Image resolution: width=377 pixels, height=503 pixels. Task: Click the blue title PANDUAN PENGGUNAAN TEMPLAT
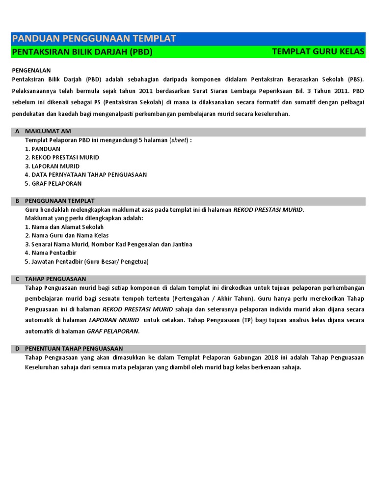pyautogui.click(x=94, y=39)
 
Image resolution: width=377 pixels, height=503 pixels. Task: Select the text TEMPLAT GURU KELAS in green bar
pyautogui.click(x=318, y=52)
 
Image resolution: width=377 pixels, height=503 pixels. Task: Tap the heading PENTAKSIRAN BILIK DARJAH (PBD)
pyautogui.click(x=82, y=52)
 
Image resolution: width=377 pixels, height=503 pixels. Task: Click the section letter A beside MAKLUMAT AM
pyautogui.click(x=17, y=132)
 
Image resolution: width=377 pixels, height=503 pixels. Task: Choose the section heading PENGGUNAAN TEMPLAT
pyautogui.click(x=60, y=201)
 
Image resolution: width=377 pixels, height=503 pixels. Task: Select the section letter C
pyautogui.click(x=17, y=279)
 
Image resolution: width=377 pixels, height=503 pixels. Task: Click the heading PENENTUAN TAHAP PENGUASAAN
pyautogui.click(x=74, y=348)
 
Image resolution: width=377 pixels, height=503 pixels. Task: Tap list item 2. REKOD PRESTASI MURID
pyautogui.click(x=62, y=157)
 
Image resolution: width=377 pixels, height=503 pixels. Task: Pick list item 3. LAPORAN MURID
pyautogui.click(x=52, y=166)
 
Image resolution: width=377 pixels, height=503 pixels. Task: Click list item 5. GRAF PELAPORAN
pyautogui.click(x=53, y=183)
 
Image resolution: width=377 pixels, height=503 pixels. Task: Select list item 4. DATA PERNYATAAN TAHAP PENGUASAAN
pyautogui.click(x=86, y=174)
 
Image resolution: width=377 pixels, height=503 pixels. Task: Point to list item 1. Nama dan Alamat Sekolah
pyautogui.click(x=64, y=227)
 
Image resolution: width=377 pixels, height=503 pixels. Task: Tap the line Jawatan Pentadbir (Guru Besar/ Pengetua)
pyautogui.click(x=86, y=261)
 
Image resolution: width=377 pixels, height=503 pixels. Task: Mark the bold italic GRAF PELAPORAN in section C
pyautogui.click(x=113, y=331)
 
